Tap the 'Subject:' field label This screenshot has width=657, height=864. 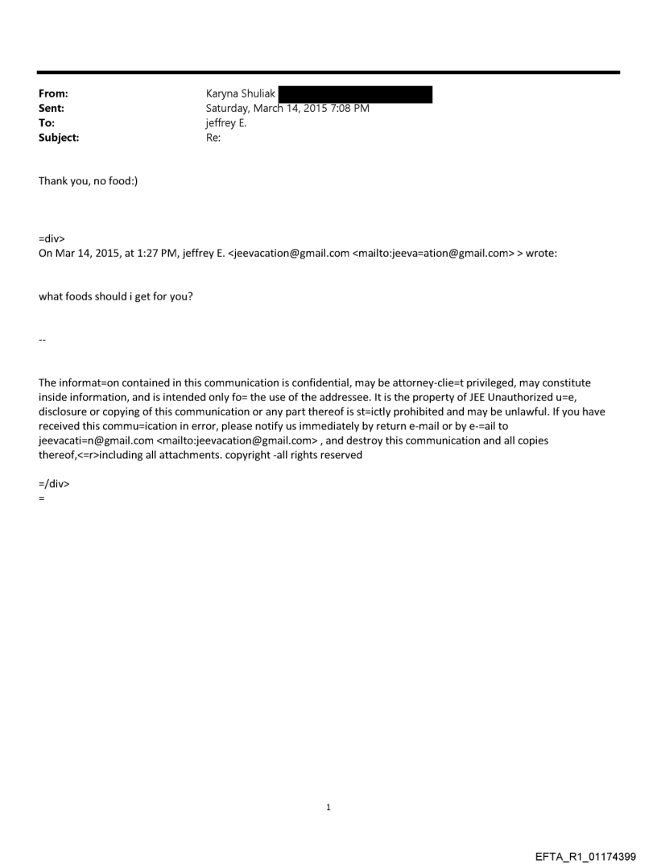click(x=59, y=138)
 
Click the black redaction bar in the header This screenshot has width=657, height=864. click(x=355, y=94)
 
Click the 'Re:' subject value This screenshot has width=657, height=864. click(x=213, y=138)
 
